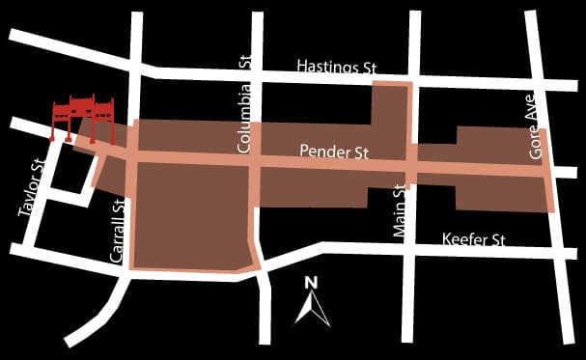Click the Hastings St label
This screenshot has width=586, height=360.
[337, 68]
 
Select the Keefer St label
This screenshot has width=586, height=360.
[473, 238]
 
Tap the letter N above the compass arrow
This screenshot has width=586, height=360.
[311, 283]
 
